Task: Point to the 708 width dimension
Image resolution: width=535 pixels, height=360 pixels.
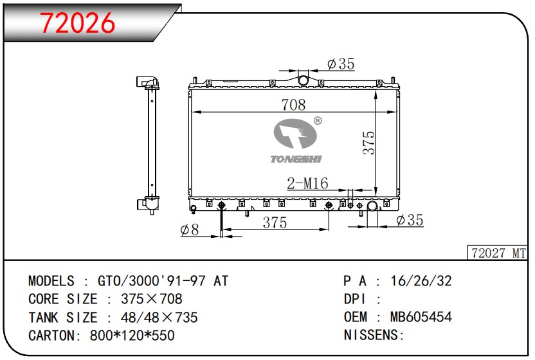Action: point(293,105)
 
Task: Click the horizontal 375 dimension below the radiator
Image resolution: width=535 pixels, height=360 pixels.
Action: point(275,222)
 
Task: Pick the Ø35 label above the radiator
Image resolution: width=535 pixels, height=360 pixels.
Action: point(340,64)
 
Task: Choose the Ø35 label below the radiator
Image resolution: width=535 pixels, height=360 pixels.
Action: point(410,221)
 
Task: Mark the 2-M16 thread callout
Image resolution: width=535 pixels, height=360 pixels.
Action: point(307,184)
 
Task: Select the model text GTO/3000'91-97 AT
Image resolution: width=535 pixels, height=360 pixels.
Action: point(162,281)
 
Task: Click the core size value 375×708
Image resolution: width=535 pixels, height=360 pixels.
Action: point(148,299)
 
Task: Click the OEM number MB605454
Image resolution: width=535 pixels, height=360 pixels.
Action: point(421,318)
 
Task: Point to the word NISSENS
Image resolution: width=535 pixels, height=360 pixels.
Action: point(371,336)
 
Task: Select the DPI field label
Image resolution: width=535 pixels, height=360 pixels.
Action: point(356,299)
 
